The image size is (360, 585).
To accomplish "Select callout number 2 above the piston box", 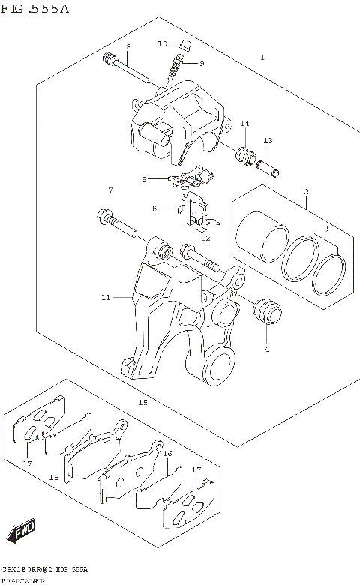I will tap(306, 193).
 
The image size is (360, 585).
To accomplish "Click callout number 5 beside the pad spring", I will tap(144, 180).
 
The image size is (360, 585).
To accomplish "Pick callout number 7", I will tap(109, 190).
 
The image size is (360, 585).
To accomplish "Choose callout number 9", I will tap(202, 64).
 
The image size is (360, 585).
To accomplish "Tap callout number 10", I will tap(161, 44).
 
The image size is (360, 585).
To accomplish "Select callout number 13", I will tap(268, 141).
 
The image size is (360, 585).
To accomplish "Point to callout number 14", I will tap(244, 123).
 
